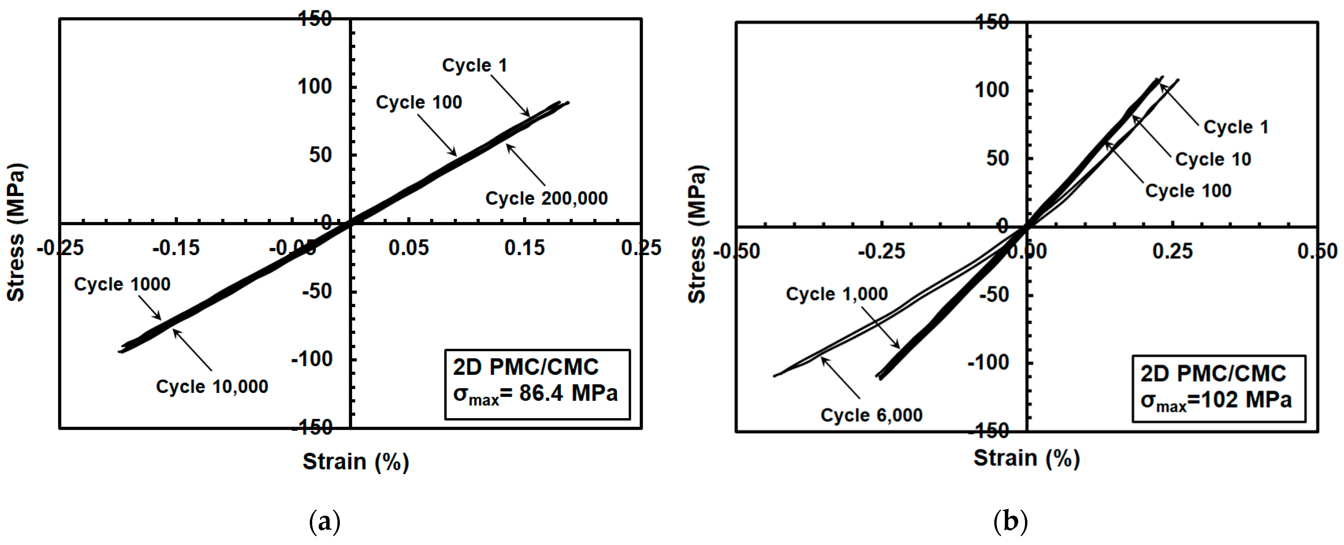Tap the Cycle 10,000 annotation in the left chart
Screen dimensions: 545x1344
point(212,386)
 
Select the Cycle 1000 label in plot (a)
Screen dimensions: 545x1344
point(122,284)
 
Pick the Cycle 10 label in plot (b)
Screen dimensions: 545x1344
point(1213,159)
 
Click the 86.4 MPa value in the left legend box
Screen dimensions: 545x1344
point(568,393)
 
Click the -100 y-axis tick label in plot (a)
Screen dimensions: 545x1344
point(312,359)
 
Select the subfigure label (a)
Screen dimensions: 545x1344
point(324,521)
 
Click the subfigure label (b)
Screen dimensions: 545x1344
point(1011,521)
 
